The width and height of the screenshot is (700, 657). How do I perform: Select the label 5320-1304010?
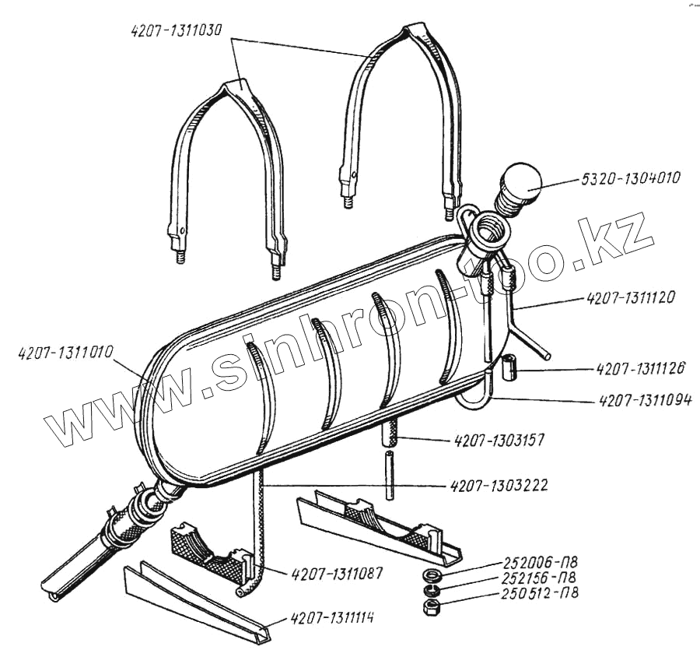(629, 178)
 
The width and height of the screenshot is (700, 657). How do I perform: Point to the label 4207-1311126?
(640, 368)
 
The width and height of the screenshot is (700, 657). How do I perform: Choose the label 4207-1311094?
(646, 401)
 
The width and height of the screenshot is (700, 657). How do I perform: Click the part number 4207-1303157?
(498, 441)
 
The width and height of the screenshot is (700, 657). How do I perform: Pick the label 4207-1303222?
(499, 486)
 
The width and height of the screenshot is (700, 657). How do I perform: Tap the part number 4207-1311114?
(332, 620)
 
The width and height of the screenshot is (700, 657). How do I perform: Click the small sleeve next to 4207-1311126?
(509, 367)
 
